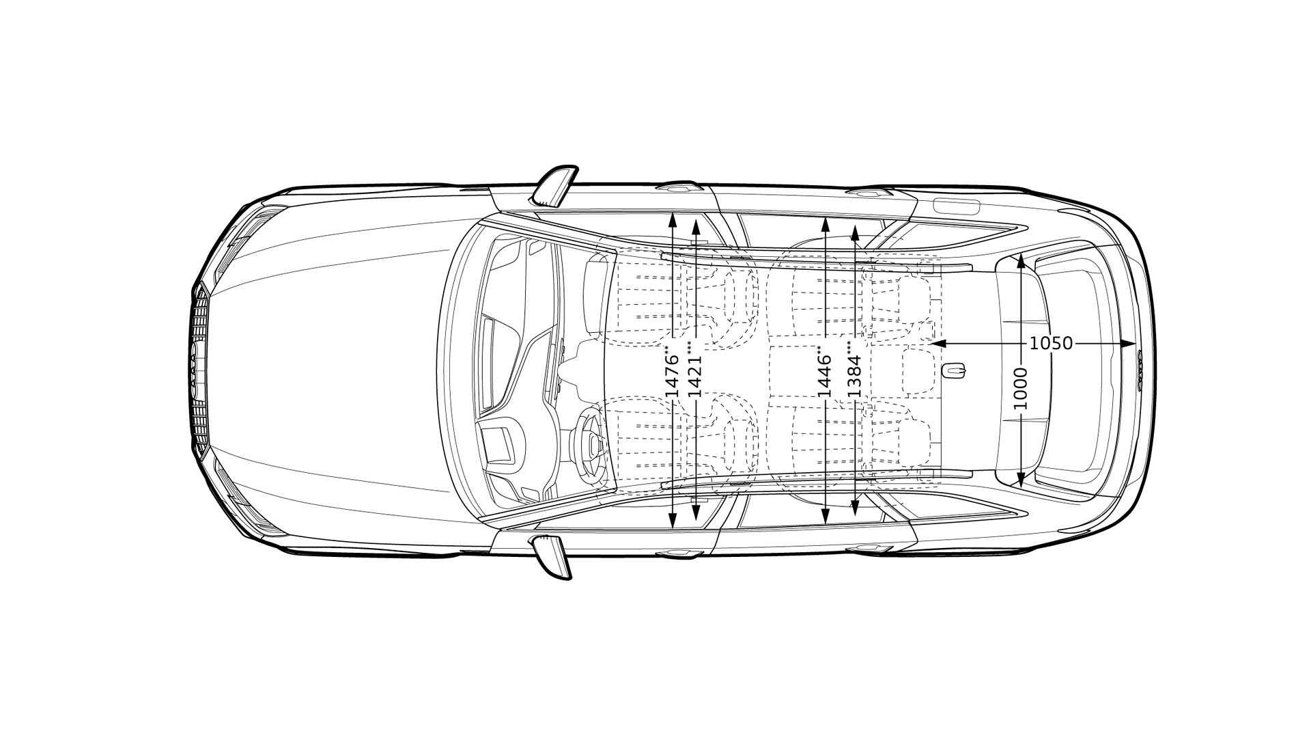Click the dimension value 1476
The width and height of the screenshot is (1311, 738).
(x=672, y=377)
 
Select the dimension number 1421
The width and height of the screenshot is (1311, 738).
(x=695, y=376)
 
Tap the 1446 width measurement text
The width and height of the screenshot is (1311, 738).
(x=825, y=376)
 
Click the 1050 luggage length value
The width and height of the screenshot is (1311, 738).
(x=1051, y=344)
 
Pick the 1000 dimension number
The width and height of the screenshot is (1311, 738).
(x=1020, y=389)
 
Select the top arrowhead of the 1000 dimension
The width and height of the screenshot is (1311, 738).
(x=1020, y=260)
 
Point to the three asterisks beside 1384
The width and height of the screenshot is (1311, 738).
(x=849, y=346)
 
